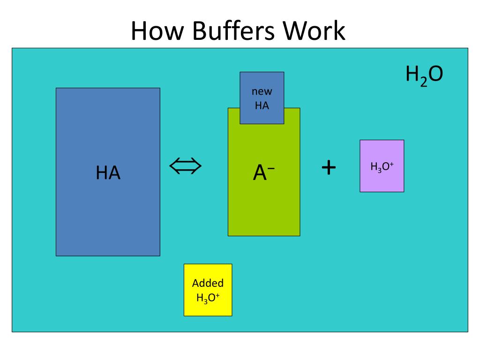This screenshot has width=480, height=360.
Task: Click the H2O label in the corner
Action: pyautogui.click(x=424, y=75)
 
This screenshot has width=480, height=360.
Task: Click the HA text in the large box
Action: pyautogui.click(x=108, y=173)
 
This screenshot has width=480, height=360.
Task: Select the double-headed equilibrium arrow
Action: pyautogui.click(x=185, y=165)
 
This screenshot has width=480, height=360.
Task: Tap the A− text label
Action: pyautogui.click(x=263, y=173)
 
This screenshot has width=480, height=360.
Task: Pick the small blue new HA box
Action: pyautogui.click(x=262, y=97)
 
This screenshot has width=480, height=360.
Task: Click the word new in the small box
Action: pyautogui.click(x=262, y=92)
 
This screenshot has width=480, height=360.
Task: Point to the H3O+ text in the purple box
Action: pyautogui.click(x=382, y=166)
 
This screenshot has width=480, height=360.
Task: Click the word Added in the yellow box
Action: pyautogui.click(x=208, y=283)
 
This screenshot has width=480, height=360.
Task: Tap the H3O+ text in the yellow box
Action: pyautogui.click(x=208, y=297)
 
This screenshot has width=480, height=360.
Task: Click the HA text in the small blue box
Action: pyautogui.click(x=262, y=105)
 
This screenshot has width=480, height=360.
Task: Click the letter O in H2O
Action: pyautogui.click(x=435, y=75)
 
